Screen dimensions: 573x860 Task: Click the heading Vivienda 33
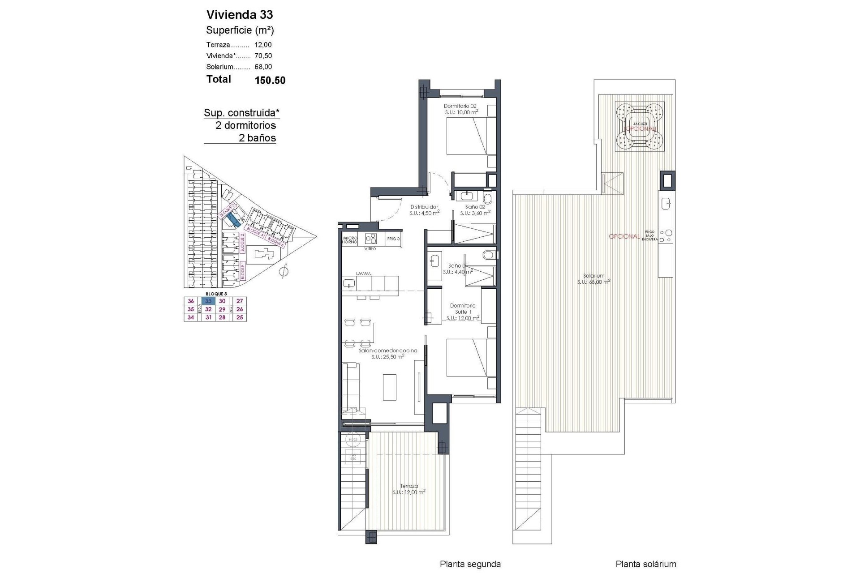coord(239,15)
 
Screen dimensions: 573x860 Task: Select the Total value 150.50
coord(270,81)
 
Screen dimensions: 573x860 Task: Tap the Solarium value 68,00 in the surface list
coord(263,67)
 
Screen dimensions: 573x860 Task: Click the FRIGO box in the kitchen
coord(393,239)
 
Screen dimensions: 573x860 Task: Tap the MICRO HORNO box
coord(350,239)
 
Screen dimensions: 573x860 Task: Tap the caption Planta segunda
coord(470,564)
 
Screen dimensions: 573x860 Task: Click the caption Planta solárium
coord(645,564)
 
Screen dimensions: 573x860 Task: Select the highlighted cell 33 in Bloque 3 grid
coord(208,301)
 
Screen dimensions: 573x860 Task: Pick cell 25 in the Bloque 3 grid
coord(240,317)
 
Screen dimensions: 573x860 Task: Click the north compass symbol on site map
coord(283,271)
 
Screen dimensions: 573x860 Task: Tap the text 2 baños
coord(257,138)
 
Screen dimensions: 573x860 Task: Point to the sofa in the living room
coord(351,387)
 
